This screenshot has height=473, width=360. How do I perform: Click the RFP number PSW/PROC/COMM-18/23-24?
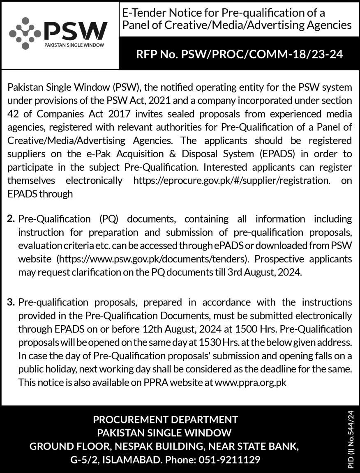[239, 55]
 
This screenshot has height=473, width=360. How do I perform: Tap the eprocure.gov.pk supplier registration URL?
[231, 180]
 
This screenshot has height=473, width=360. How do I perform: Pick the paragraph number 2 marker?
[12, 219]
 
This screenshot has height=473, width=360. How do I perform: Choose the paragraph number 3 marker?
[12, 303]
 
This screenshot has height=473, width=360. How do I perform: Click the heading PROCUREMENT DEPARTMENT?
[165, 420]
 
